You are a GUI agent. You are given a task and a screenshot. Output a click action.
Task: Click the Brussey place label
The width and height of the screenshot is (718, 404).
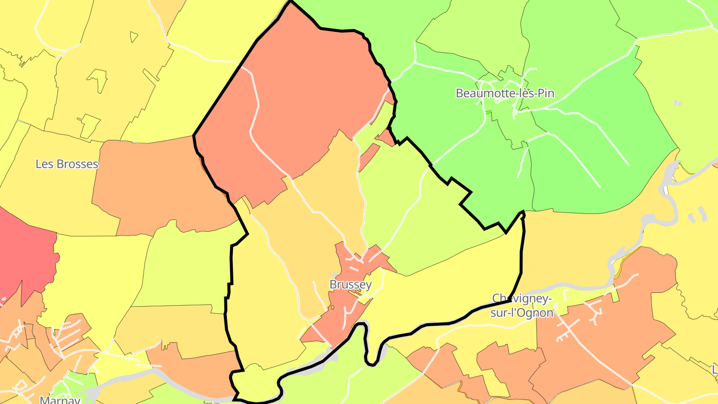point(351,285)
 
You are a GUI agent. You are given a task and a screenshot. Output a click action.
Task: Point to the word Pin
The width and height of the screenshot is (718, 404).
point(544,93)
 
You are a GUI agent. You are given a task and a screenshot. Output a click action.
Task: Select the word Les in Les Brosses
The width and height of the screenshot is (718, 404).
point(44,164)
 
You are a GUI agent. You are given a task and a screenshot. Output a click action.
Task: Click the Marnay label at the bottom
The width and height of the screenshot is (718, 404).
point(60,399)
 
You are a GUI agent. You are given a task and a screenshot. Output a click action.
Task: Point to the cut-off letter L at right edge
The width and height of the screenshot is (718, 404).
point(715,370)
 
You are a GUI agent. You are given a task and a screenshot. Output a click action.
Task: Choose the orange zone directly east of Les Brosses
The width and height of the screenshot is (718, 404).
point(150,185)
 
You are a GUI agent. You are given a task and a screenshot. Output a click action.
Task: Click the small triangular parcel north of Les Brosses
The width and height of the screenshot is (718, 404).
point(134,36)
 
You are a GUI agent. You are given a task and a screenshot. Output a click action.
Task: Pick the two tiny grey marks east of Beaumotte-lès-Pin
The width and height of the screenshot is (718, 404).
point(677,103)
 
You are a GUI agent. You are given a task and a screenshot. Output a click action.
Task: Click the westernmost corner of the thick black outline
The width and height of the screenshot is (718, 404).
point(194,135)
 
